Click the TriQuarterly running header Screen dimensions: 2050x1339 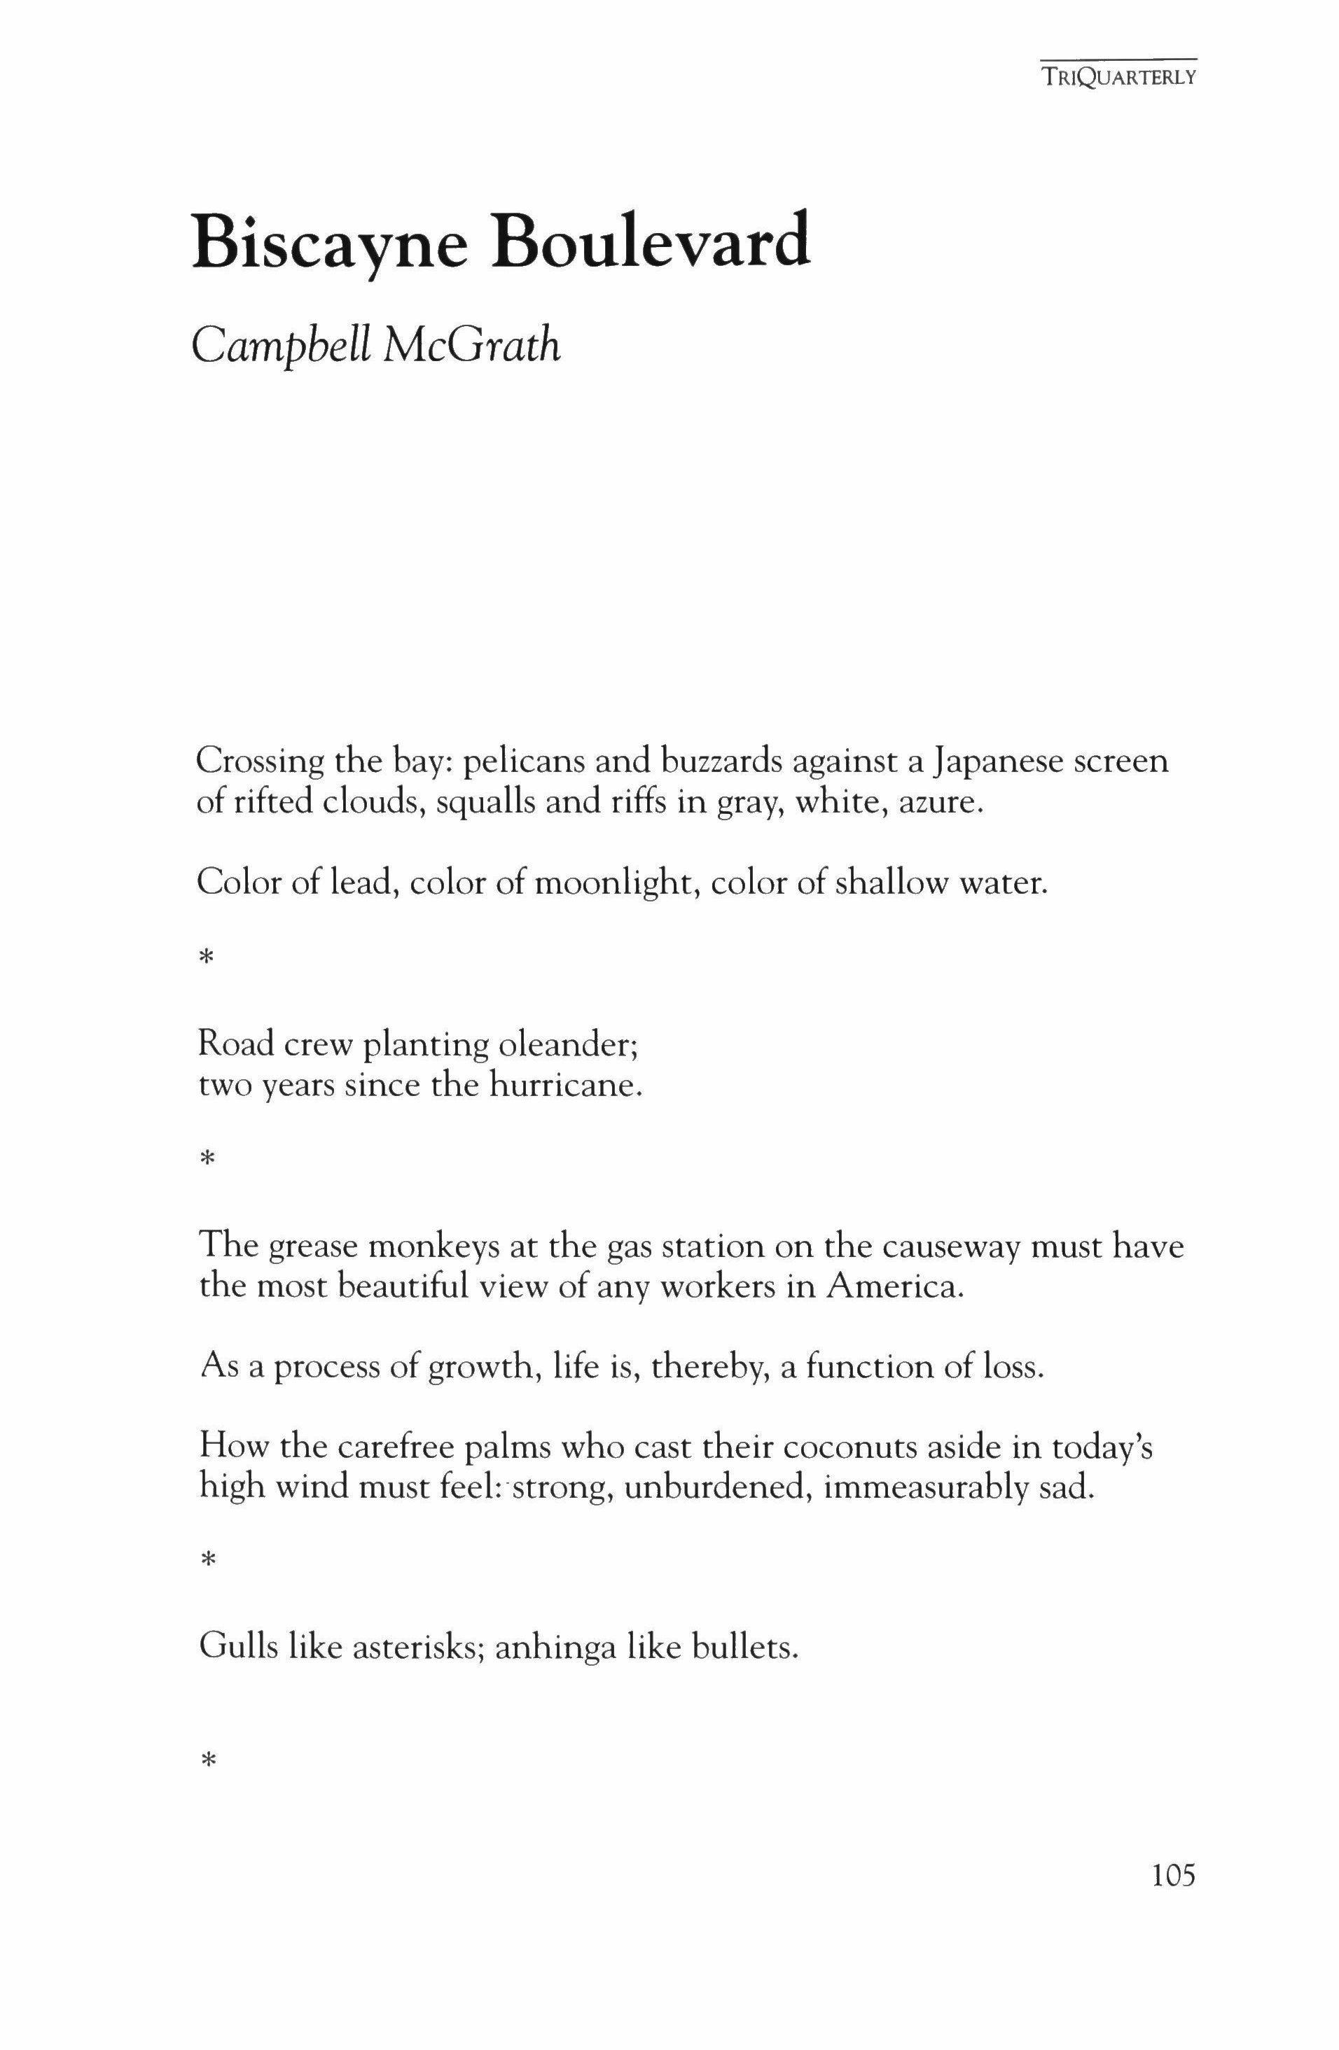point(1118,78)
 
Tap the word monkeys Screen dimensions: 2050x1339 point(428,1247)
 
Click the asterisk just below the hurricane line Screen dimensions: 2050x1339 point(207,1158)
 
